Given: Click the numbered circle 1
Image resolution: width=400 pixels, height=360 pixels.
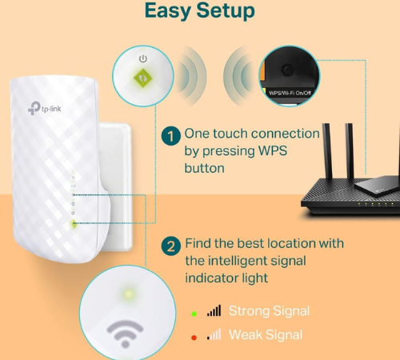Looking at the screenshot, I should [x=170, y=135].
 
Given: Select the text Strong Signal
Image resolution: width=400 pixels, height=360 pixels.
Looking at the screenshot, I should [x=269, y=310].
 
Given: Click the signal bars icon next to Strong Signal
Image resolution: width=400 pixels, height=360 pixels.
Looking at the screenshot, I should [x=214, y=310].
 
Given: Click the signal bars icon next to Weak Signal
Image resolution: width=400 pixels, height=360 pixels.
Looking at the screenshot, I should [x=214, y=334].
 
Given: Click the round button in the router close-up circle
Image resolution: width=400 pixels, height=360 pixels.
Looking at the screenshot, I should [x=286, y=70].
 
